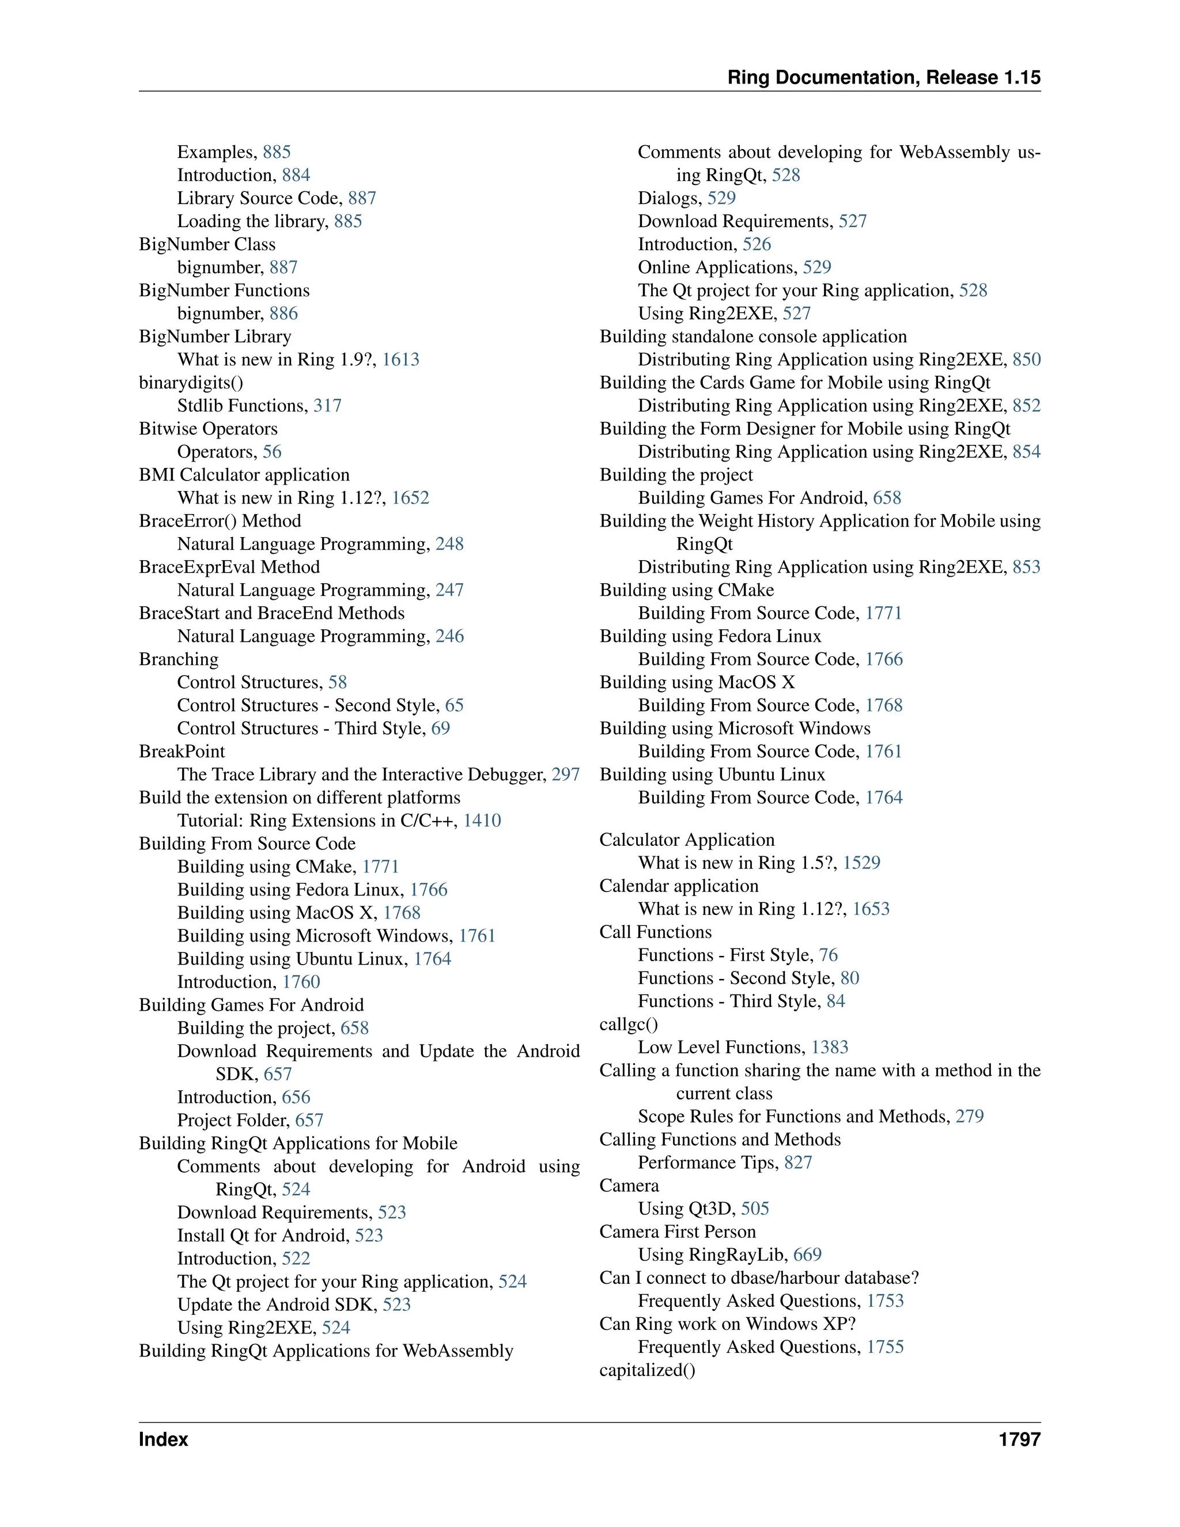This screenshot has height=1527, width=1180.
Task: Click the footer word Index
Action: (x=163, y=1439)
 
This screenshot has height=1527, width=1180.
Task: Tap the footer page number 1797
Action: (x=1019, y=1439)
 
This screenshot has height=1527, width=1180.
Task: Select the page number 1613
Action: (x=400, y=360)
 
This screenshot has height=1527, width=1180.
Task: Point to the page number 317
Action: (x=327, y=406)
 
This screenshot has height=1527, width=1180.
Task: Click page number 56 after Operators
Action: (x=272, y=452)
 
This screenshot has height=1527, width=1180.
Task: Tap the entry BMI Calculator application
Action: (x=244, y=475)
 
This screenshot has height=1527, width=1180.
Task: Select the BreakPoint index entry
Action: (x=181, y=751)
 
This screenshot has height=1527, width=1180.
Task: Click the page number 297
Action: (x=566, y=774)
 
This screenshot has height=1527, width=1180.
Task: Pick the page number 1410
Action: (x=482, y=821)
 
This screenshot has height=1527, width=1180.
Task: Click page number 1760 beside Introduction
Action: (x=301, y=982)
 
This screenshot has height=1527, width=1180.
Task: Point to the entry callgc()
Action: (x=629, y=1025)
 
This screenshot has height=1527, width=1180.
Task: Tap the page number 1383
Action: (x=830, y=1048)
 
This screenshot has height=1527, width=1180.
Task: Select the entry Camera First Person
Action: (x=678, y=1232)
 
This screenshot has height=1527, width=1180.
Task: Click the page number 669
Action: (x=807, y=1255)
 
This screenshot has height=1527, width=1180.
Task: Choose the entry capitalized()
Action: (x=647, y=1370)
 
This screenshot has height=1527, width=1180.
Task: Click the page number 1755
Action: (x=885, y=1347)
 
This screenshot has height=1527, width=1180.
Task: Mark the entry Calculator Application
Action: (x=686, y=840)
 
